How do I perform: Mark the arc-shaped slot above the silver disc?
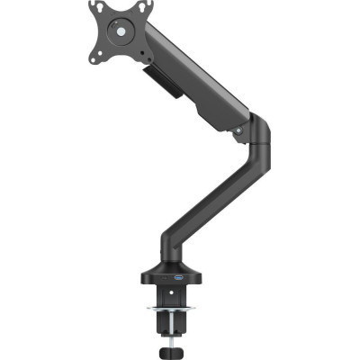tap(117, 20)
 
